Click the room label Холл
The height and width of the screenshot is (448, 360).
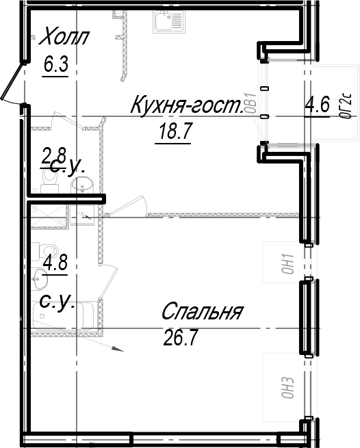click(64, 36)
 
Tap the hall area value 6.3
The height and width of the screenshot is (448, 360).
click(55, 64)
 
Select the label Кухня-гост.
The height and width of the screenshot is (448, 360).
click(187, 105)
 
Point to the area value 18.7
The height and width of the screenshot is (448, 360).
click(172, 131)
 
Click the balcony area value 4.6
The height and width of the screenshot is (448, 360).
click(317, 105)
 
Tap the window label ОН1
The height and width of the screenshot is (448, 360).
click(287, 263)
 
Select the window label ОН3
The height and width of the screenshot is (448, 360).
click(287, 387)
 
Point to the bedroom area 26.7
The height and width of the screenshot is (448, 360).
click(181, 337)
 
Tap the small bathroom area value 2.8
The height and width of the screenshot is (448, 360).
click(54, 156)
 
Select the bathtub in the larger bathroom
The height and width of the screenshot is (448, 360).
click(63, 315)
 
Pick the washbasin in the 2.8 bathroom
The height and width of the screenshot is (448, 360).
click(83, 184)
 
